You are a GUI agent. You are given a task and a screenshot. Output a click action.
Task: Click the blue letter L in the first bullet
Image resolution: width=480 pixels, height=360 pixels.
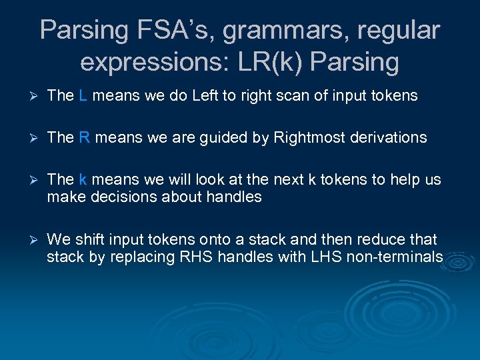(83, 95)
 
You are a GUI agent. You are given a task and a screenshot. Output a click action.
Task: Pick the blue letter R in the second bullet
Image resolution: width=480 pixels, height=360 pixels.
(84, 137)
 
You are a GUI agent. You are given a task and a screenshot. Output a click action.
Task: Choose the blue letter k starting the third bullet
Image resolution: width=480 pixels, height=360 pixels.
(83, 179)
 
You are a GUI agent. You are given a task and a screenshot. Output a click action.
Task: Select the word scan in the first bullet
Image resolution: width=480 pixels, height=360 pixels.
(288, 95)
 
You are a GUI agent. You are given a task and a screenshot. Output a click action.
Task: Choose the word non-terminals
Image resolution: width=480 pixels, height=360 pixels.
(395, 257)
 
